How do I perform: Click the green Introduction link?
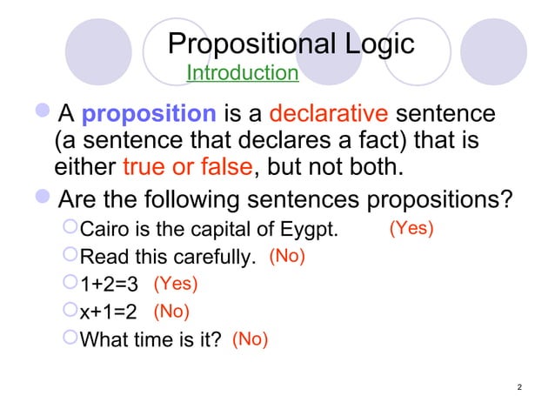pyautogui.click(x=243, y=72)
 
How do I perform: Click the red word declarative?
pyautogui.click(x=328, y=114)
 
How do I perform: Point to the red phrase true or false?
pyautogui.click(x=179, y=165)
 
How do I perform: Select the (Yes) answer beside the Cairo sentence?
pyautogui.click(x=411, y=228)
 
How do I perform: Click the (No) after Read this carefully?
pyautogui.click(x=287, y=256)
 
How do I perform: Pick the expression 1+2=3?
pyautogui.click(x=110, y=284)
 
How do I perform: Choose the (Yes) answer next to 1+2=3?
pyautogui.click(x=176, y=283)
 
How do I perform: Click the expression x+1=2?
pyautogui.click(x=109, y=311)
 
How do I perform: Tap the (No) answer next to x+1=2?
pyautogui.click(x=171, y=310)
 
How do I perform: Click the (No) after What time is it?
pyautogui.click(x=250, y=339)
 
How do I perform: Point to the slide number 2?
pyautogui.click(x=518, y=386)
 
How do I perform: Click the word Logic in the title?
pyautogui.click(x=377, y=44)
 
